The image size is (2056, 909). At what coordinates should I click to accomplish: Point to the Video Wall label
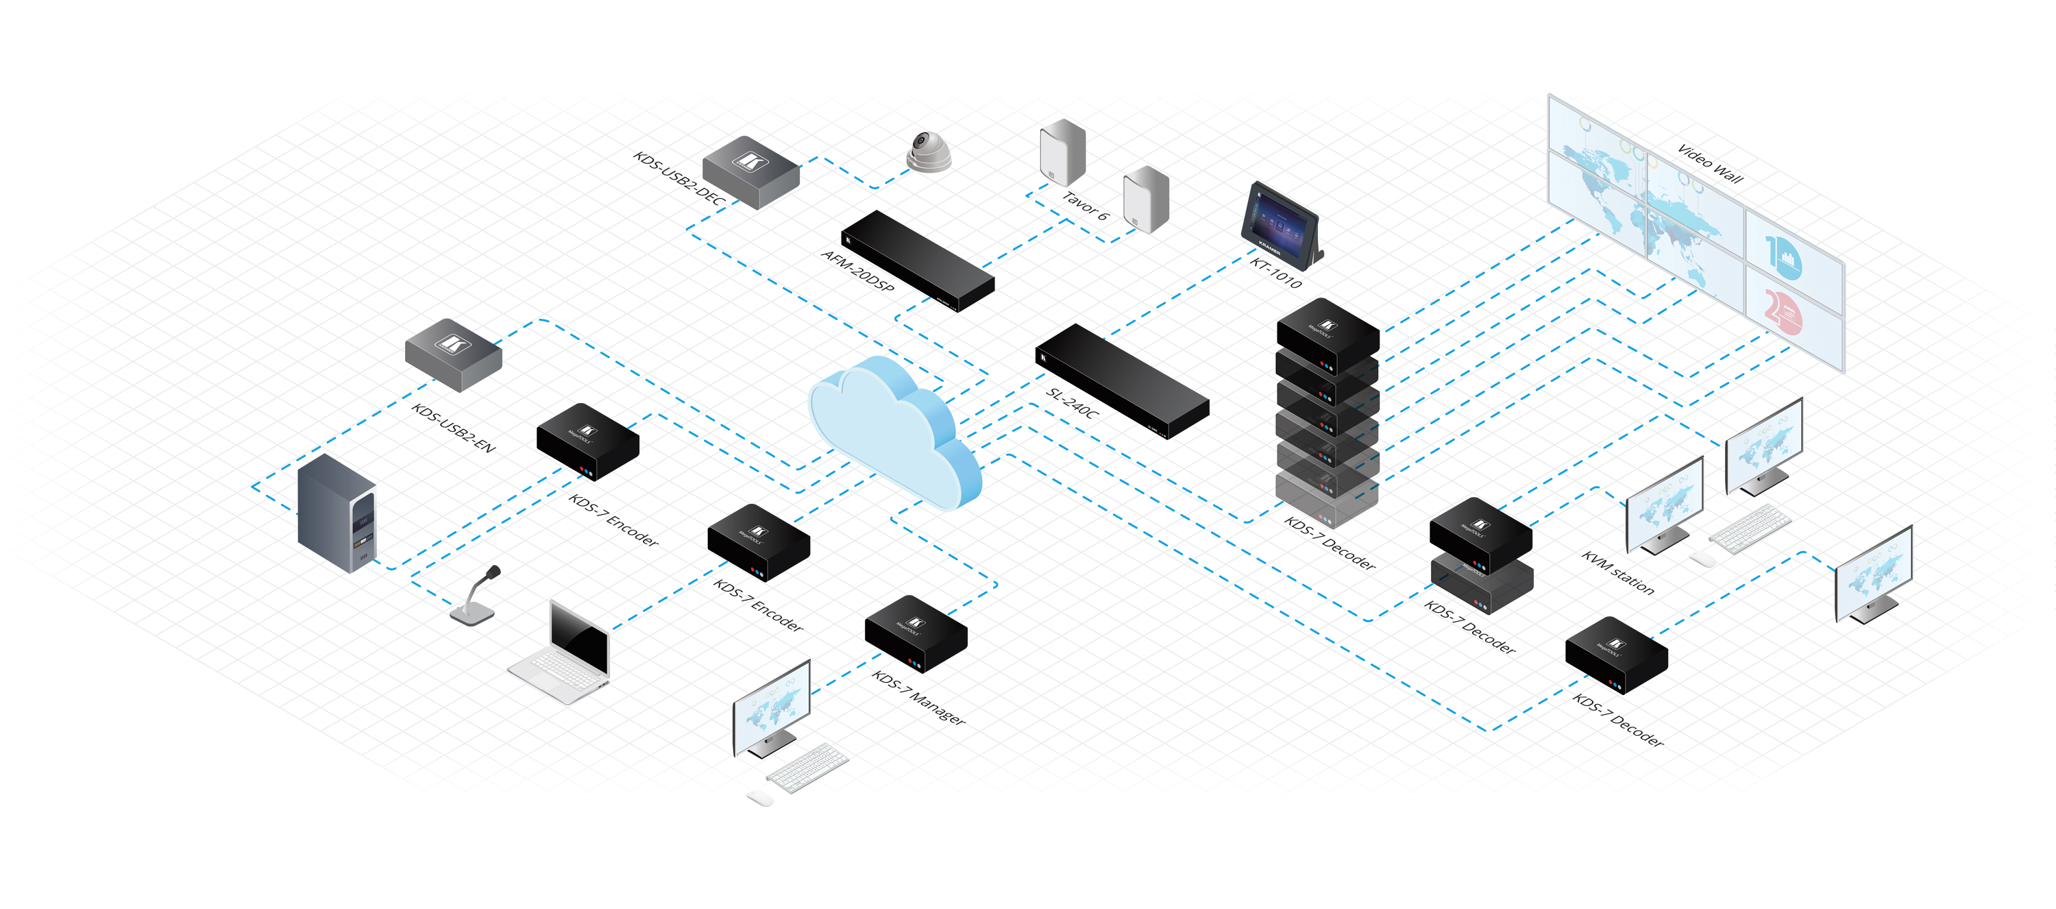tap(1711, 162)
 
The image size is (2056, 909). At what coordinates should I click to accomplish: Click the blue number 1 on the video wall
tap(1781, 257)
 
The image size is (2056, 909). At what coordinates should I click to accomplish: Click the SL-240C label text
tap(1073, 403)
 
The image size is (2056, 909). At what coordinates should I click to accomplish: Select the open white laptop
tap(563, 655)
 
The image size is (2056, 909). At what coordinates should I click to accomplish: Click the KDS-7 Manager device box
tap(916, 633)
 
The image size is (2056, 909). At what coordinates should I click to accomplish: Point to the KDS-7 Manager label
tap(918, 697)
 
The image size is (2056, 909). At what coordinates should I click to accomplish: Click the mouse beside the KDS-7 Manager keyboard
tap(760, 798)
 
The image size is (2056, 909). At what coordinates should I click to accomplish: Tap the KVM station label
tap(1618, 572)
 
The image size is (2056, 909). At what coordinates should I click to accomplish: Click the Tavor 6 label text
tap(1086, 205)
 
